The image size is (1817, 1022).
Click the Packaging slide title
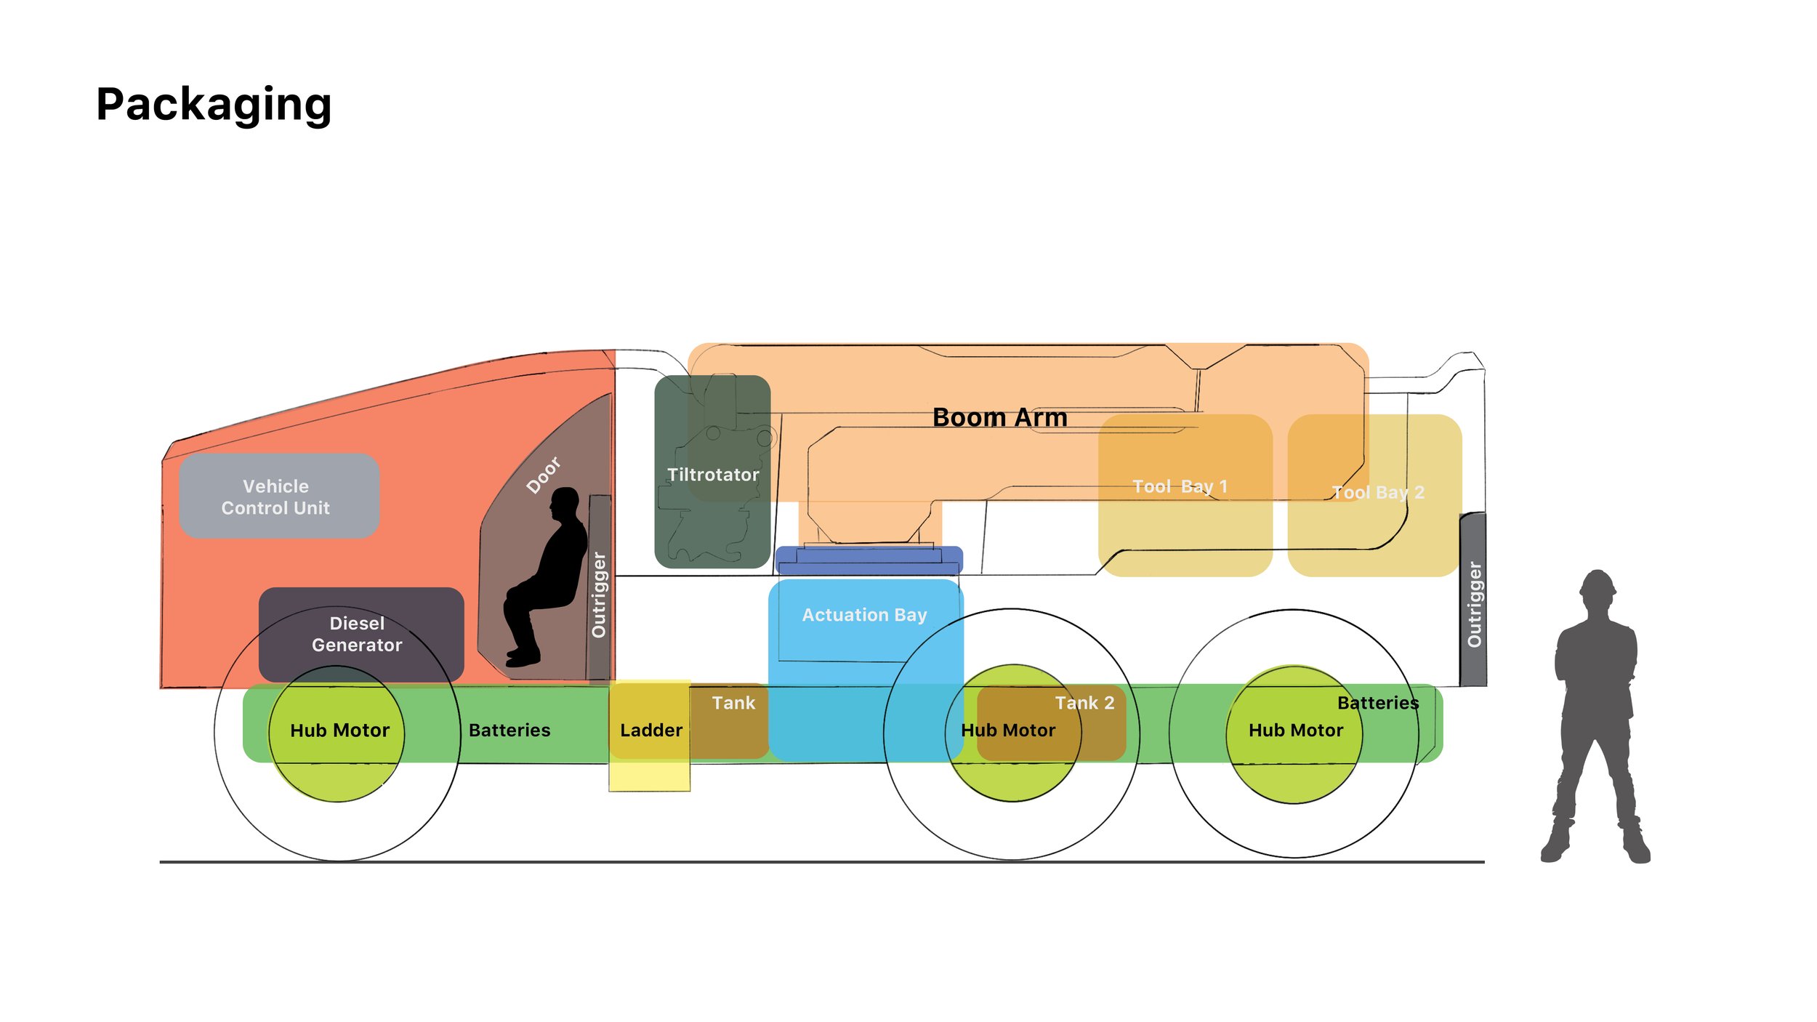click(214, 105)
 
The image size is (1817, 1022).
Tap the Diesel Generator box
click(358, 634)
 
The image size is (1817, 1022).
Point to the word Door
click(544, 475)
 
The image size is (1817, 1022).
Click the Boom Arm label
click(999, 417)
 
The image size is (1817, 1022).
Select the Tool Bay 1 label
click(1180, 486)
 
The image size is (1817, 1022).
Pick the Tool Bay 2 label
click(1377, 492)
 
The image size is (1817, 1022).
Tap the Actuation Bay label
click(864, 615)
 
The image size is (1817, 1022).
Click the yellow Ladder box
click(650, 731)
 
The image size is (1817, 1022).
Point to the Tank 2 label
click(1084, 703)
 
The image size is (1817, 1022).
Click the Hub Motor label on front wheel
click(339, 731)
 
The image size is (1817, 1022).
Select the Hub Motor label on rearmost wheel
click(1295, 731)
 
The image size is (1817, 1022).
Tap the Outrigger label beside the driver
click(599, 595)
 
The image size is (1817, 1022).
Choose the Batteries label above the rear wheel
click(1378, 703)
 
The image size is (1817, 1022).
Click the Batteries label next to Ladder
click(509, 731)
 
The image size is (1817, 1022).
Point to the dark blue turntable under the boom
click(869, 560)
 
